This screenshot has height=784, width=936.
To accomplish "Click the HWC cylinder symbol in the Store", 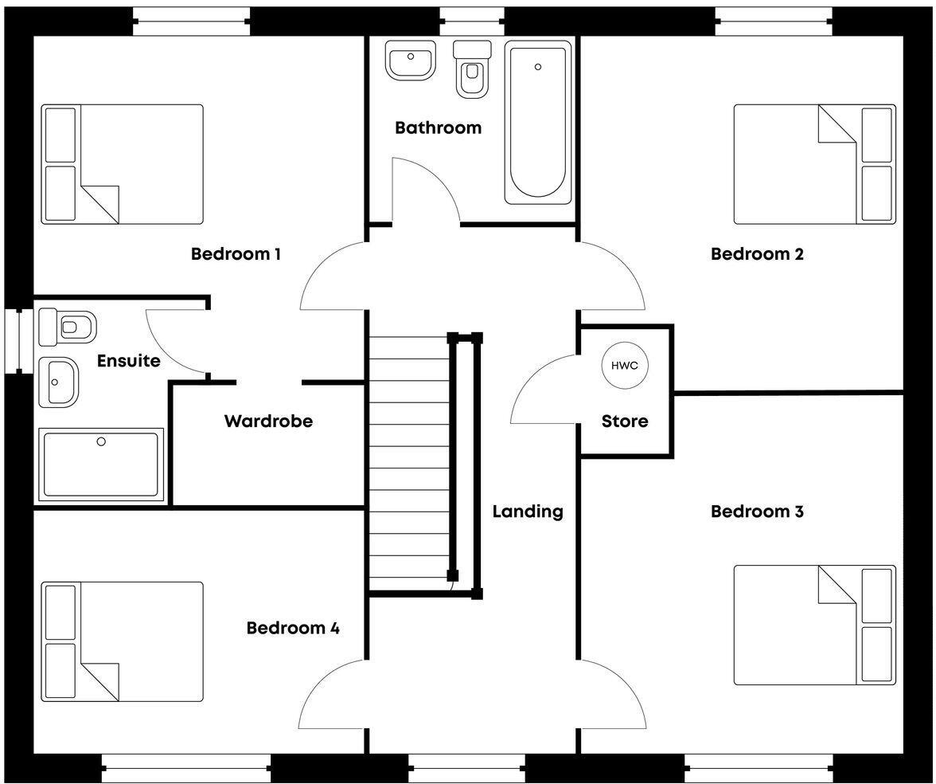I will coord(625,366).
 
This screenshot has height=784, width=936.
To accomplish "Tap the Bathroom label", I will coord(438,127).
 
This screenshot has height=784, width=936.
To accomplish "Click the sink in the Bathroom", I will coord(411,61).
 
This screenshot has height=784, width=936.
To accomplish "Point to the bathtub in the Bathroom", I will coord(538,123).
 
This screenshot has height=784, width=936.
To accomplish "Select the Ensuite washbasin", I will coord(59,381).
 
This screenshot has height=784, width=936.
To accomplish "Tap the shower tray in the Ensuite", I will coord(100,465).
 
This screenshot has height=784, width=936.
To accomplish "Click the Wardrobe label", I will coord(268,421).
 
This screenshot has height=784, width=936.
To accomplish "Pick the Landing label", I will coord(527,512).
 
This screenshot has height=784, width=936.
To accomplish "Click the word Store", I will coord(625,421).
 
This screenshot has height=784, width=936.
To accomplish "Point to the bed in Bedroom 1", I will coord(122,164).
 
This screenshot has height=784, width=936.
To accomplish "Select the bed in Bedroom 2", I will coord(814,164).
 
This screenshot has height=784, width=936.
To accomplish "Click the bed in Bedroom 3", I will coord(814,625).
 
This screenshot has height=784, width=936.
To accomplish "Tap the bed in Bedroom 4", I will coord(122,641).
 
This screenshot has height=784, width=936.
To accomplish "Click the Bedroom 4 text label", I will coord(293,628).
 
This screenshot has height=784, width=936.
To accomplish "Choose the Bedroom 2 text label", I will coord(757,254).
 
